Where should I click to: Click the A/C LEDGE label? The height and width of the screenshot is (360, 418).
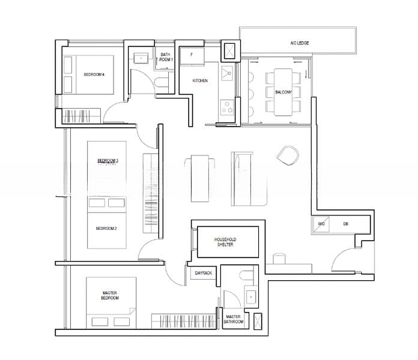[x=299, y=43]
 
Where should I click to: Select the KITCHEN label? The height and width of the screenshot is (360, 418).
[x=200, y=80]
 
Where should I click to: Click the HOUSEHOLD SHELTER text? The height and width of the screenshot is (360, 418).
[x=224, y=242]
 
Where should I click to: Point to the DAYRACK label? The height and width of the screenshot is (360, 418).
[x=204, y=274]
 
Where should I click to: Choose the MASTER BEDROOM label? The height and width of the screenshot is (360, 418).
[x=109, y=295]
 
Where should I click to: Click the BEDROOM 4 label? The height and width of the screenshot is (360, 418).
[x=94, y=74]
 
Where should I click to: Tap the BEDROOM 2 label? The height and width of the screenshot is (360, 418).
[x=107, y=229]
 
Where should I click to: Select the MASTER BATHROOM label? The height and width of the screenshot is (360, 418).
[x=233, y=320]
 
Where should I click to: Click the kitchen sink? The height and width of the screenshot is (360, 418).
[x=226, y=74]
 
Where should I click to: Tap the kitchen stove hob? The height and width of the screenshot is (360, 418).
[x=227, y=108]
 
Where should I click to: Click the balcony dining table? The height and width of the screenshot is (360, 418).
[x=282, y=92]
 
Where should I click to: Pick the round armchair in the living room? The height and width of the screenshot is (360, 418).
[x=287, y=157]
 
